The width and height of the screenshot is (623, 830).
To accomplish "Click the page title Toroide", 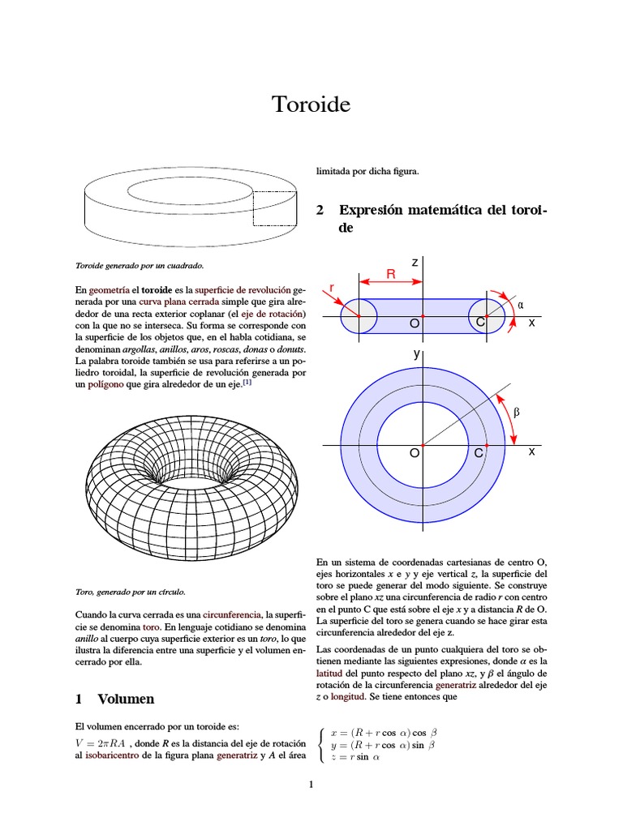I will [x=311, y=105].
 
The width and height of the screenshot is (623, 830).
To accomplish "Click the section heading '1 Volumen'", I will [x=116, y=699].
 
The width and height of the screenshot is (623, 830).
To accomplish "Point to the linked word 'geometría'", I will [x=110, y=289].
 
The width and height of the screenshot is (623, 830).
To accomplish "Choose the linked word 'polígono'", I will [x=105, y=385].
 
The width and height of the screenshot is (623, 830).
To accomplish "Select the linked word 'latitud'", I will [x=331, y=674].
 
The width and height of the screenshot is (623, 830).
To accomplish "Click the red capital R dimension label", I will [x=390, y=275].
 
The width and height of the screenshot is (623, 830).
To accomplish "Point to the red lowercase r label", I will [x=330, y=288].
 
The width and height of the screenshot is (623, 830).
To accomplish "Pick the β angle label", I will [x=517, y=412].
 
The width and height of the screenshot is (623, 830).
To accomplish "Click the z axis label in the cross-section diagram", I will [x=415, y=263].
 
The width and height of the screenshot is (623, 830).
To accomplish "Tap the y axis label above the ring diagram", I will [x=416, y=355].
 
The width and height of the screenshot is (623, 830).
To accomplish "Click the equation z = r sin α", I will [x=355, y=757].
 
